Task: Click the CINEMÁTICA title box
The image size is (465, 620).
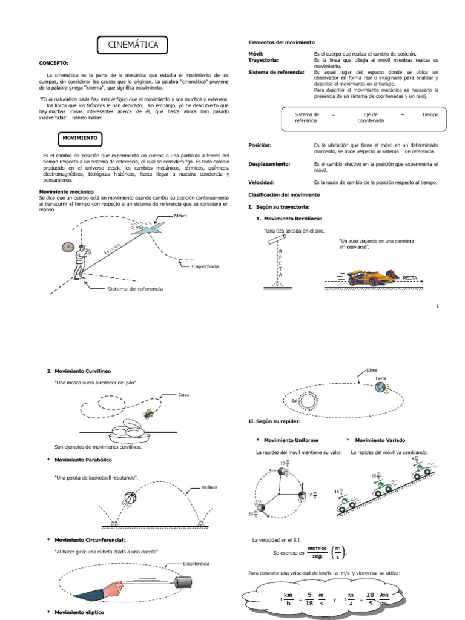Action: (133, 45)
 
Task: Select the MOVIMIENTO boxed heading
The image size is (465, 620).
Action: (79, 138)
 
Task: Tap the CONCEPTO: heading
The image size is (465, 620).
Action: (54, 63)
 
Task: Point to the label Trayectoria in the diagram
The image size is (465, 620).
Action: (204, 266)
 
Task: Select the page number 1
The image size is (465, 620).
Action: (437, 306)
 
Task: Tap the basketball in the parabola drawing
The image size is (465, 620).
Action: (131, 498)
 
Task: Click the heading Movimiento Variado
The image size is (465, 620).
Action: (380, 440)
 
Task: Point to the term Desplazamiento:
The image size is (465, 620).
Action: (269, 164)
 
